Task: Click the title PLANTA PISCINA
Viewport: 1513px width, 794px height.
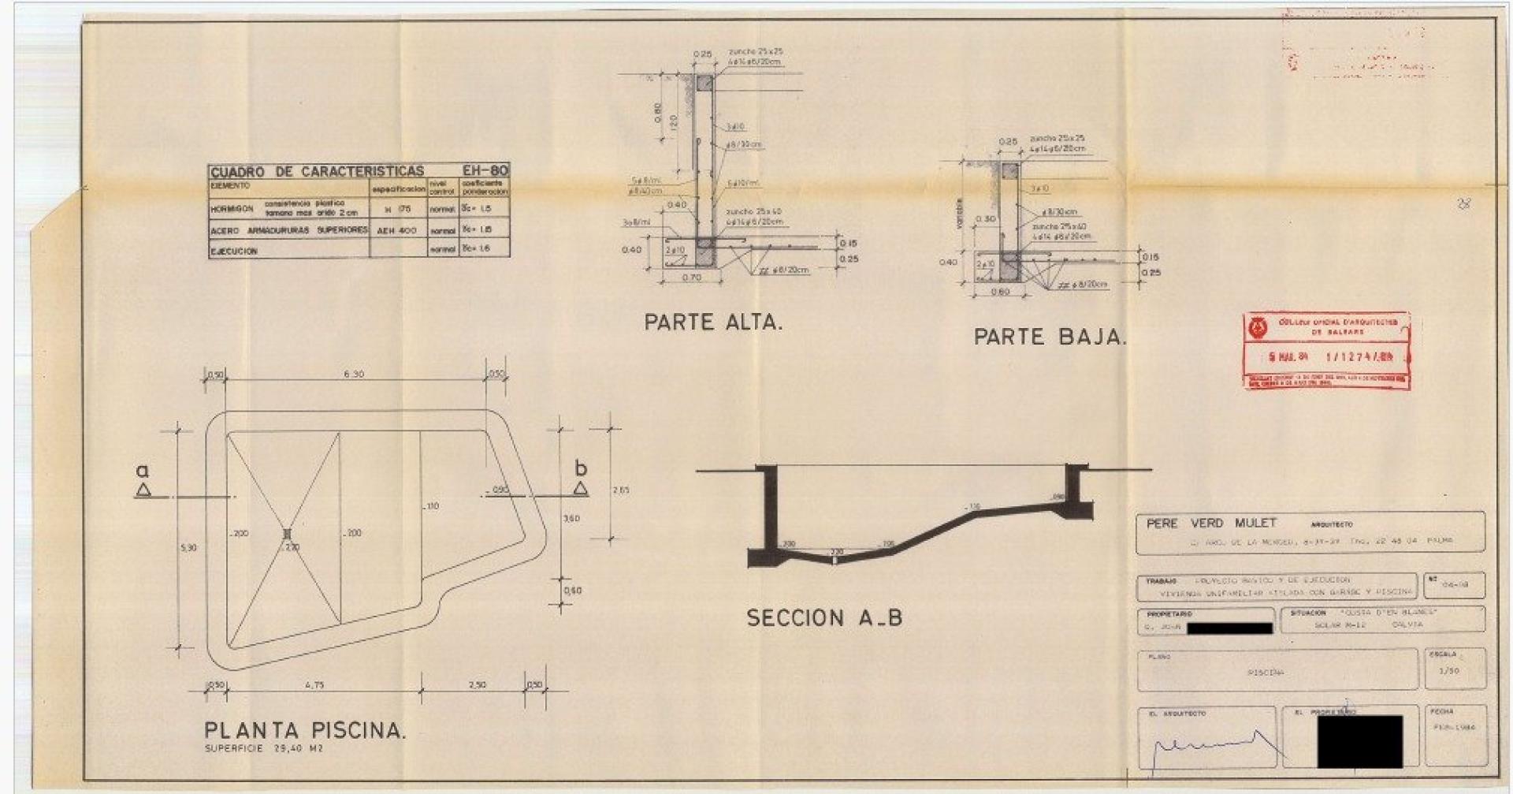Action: click(x=305, y=730)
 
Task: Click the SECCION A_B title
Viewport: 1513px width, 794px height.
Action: click(x=824, y=618)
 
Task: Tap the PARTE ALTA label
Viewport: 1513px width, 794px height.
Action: click(x=713, y=322)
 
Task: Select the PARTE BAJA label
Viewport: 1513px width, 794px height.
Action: click(x=1050, y=337)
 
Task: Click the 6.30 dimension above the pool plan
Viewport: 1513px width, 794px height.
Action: click(x=355, y=375)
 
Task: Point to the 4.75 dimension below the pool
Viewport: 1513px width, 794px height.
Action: click(x=314, y=685)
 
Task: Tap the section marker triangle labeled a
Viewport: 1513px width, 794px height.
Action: click(x=143, y=490)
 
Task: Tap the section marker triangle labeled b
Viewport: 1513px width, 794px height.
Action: click(x=581, y=488)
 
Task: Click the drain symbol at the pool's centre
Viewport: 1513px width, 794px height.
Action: click(x=287, y=534)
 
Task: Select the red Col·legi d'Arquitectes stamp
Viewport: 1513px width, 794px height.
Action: click(x=1326, y=350)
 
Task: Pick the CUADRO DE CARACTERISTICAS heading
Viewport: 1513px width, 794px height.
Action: click(x=317, y=171)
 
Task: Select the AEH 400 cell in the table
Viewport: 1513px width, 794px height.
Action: click(x=397, y=229)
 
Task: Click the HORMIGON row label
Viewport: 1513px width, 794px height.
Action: click(x=231, y=210)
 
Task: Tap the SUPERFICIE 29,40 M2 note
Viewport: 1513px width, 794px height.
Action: click(x=263, y=749)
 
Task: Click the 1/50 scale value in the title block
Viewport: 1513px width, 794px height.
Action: click(x=1448, y=671)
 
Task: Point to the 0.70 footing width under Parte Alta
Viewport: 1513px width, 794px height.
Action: click(x=692, y=278)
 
